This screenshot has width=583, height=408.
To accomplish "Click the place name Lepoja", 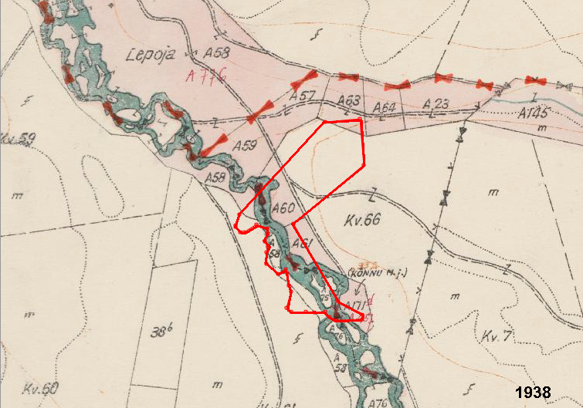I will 151,55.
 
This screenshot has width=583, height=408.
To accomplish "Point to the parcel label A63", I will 350,101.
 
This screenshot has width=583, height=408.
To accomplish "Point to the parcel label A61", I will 304,244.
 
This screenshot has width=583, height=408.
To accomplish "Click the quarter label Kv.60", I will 40,388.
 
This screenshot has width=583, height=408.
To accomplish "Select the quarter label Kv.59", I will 17,139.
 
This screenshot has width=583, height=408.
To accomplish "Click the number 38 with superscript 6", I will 160,332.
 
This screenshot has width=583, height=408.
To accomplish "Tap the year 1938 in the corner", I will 534,392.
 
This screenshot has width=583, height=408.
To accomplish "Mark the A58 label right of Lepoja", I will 219,53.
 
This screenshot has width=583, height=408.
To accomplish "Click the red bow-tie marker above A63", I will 348,76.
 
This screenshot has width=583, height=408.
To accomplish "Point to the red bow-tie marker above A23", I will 442,78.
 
